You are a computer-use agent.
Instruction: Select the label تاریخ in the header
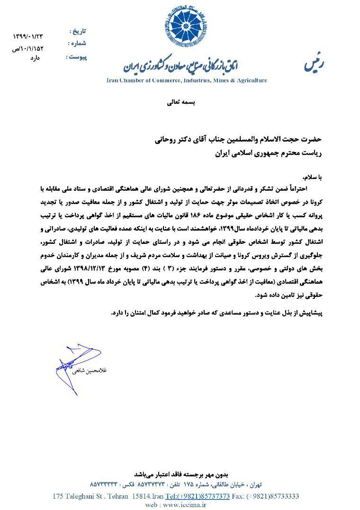coord(78,32)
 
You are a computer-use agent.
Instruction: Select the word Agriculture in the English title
coord(249,81)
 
